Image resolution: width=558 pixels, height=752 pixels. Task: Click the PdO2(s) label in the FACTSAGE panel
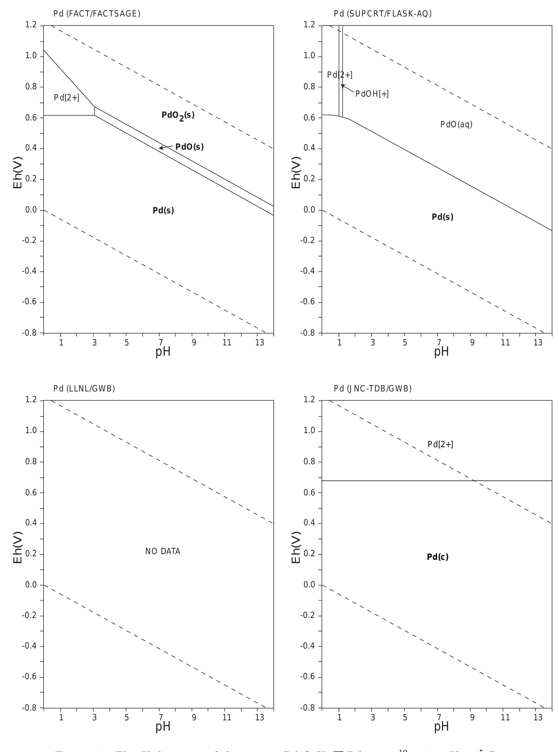click(x=178, y=116)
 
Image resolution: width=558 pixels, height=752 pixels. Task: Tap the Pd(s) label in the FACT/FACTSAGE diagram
click(x=163, y=211)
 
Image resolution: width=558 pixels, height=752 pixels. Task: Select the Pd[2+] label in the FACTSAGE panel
click(x=67, y=98)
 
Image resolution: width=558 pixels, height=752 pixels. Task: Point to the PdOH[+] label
click(x=372, y=94)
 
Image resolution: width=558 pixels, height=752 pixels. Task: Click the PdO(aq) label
click(x=456, y=125)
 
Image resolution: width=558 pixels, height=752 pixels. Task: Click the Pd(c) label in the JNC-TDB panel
click(x=437, y=557)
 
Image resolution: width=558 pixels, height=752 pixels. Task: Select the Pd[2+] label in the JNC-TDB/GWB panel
click(x=440, y=444)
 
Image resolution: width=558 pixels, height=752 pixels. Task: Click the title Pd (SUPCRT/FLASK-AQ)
click(x=382, y=14)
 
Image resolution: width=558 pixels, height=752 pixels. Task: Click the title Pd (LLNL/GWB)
click(x=84, y=389)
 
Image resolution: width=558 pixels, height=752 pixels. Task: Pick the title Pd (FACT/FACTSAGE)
click(x=97, y=14)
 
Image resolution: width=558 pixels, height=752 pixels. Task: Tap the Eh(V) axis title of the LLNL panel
click(x=18, y=548)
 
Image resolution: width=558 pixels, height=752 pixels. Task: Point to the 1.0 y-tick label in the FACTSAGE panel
click(x=31, y=56)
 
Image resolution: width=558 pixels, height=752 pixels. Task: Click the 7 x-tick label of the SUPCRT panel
click(x=438, y=343)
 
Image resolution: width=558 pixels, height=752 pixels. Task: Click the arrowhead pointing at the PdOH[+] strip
click(x=342, y=86)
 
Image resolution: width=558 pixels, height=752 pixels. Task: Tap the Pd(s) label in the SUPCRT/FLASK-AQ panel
click(x=442, y=217)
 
